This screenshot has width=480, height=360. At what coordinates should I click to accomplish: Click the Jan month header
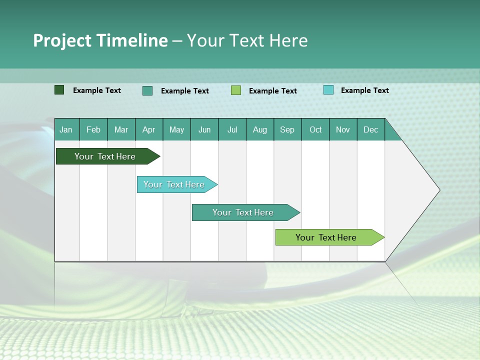point(66,129)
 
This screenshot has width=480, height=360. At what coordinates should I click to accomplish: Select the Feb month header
point(93,129)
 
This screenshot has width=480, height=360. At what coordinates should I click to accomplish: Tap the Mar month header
point(121,129)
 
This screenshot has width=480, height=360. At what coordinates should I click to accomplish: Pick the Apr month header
point(149,129)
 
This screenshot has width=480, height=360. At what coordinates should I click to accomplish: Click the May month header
point(176,129)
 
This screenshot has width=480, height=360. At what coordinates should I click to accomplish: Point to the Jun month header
point(204,129)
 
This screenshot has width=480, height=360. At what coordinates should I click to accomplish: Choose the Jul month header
point(232,129)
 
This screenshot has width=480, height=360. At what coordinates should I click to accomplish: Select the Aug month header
point(260,129)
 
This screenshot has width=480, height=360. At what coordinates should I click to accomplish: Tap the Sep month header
point(287,129)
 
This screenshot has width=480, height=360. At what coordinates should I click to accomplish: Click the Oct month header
point(315,129)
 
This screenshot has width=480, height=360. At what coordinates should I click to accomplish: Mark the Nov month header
point(343,129)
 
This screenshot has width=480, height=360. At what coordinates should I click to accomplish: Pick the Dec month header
point(371,129)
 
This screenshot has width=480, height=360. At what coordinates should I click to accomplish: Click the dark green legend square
point(59,90)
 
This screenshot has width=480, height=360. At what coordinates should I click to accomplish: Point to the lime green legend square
point(236,90)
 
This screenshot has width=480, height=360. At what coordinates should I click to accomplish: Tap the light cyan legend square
point(328,90)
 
